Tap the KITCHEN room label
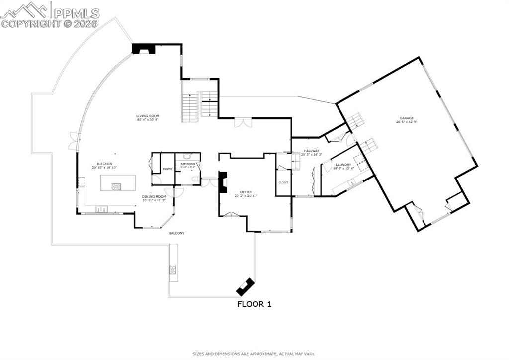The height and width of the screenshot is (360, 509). [x=104, y=164]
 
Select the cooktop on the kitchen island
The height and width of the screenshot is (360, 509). [x=117, y=187]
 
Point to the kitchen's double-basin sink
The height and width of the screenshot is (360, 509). [x=101, y=210]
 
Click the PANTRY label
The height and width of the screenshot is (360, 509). [x=168, y=169]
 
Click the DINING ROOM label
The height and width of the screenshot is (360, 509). [x=154, y=196]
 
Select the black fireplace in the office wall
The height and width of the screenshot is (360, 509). [x=224, y=182]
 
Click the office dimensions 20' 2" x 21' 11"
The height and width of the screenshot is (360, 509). [x=246, y=196]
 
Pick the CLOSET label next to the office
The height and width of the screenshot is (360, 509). [x=284, y=182]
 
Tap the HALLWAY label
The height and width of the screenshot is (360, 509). [x=312, y=150]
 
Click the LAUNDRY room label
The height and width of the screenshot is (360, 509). [x=343, y=164]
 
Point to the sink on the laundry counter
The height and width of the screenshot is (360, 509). [x=352, y=183]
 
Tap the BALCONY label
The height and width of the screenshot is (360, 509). [x=176, y=233]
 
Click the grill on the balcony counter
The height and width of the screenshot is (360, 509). [x=173, y=270]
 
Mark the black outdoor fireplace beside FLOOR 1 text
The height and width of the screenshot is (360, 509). [x=245, y=286]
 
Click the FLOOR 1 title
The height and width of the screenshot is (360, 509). [x=254, y=304]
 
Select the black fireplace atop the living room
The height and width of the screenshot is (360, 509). [x=143, y=49]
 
